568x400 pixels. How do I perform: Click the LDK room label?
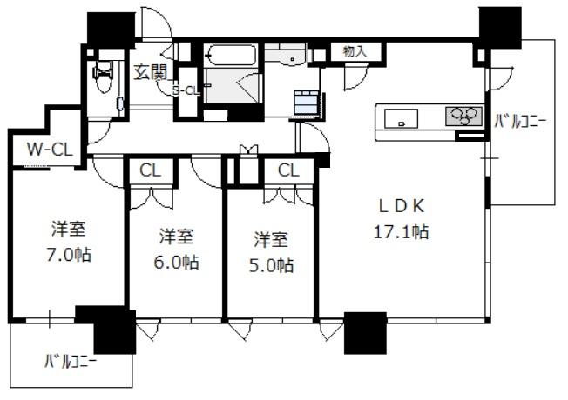click(402, 206)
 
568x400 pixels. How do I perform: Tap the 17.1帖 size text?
click(401, 231)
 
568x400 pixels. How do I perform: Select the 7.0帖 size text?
click(68, 255)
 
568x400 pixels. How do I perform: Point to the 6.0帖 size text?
click(176, 263)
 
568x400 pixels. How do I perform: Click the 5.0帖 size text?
click(271, 266)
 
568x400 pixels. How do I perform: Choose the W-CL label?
click(50, 149)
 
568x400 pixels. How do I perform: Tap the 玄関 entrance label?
click(150, 72)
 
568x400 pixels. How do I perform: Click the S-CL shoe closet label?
click(186, 91)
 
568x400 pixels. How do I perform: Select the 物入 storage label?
click(355, 51)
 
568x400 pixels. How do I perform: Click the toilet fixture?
click(104, 76)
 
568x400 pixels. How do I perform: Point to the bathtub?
click(230, 56)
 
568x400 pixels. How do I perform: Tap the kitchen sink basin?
click(401, 118)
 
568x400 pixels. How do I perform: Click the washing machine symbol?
click(307, 103)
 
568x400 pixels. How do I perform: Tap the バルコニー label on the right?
click(521, 122)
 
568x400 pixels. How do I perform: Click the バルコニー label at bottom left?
click(71, 361)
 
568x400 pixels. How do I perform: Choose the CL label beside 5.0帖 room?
click(288, 170)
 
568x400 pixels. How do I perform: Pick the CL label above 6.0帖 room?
click(150, 170)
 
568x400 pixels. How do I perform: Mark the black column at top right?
click(500, 28)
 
